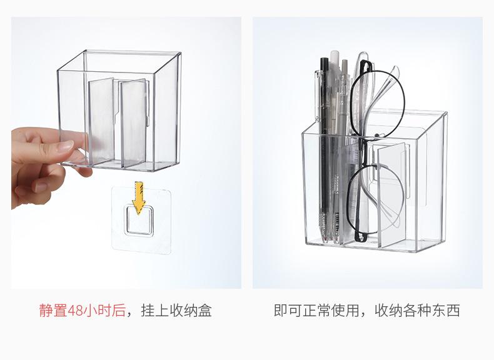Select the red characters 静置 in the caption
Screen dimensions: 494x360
click(x=54, y=310)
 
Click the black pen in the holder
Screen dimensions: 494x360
click(x=325, y=148)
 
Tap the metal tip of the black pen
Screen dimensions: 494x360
click(x=325, y=237)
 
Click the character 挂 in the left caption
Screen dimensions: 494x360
click(x=148, y=310)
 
